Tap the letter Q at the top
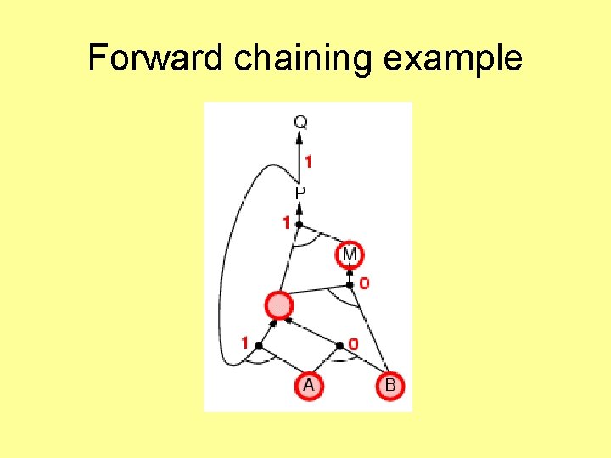[300, 122]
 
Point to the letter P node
[300, 193]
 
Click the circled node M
[350, 254]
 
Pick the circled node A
[308, 386]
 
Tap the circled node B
[390, 386]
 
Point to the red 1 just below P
[287, 223]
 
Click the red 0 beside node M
[364, 283]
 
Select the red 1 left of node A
[245, 343]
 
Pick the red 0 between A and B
[353, 343]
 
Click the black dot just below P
[300, 224]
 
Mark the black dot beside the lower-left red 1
[258, 345]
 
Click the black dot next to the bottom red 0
[339, 345]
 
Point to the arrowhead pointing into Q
[300, 138]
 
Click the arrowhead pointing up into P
[300, 209]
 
